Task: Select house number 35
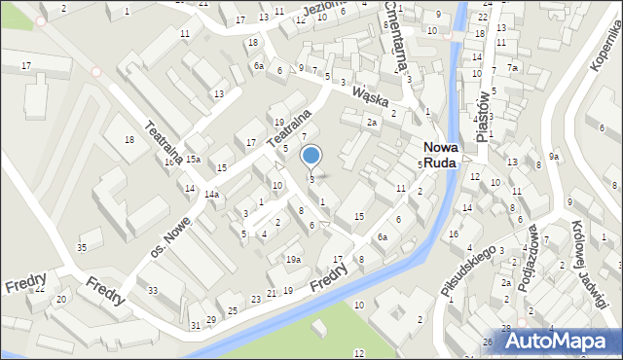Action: tap(83, 247)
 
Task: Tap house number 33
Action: tap(153, 291)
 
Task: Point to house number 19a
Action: tap(292, 259)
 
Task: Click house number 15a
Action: tap(193, 159)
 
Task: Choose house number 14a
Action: tap(210, 195)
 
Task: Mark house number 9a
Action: tap(554, 157)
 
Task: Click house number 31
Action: tap(195, 325)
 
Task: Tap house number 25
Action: tap(233, 310)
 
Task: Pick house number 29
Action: tap(211, 319)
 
